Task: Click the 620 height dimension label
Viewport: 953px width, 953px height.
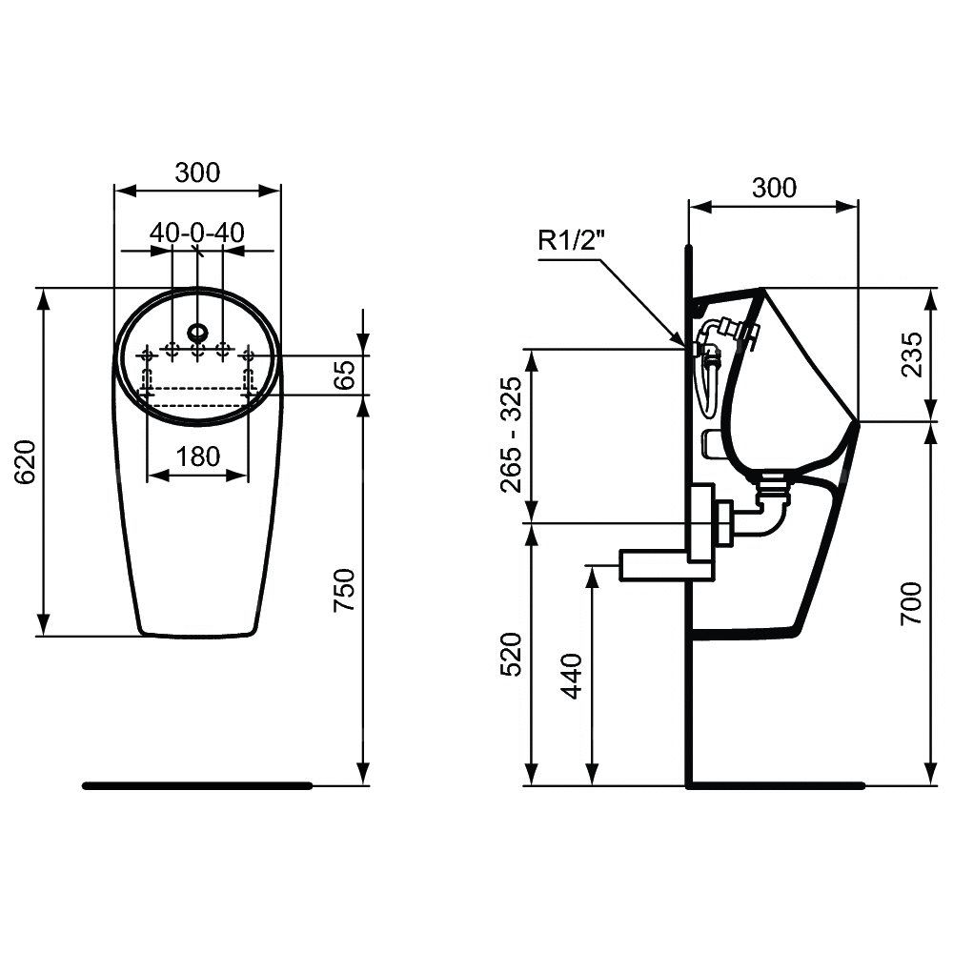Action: pos(27,461)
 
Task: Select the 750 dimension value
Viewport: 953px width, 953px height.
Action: pos(346,590)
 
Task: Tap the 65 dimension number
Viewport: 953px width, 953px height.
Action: pos(346,375)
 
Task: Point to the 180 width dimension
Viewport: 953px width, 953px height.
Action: pos(198,456)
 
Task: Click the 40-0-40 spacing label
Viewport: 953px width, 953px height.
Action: pos(197,233)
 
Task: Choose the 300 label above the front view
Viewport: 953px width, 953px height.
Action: pos(197,172)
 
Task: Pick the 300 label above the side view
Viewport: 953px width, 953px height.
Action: pos(774,189)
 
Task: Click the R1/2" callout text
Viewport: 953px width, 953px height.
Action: pos(571,240)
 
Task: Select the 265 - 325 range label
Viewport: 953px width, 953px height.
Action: pos(511,435)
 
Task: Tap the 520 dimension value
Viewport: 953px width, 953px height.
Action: pos(511,655)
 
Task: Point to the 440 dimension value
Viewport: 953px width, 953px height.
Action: pos(571,676)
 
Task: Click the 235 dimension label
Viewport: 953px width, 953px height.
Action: pos(912,355)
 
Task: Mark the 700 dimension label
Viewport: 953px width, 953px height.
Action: pos(912,603)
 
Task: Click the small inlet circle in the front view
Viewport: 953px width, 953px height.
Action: pos(197,332)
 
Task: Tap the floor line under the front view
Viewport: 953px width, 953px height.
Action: pos(197,786)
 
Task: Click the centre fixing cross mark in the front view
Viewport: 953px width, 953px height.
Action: pos(197,350)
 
